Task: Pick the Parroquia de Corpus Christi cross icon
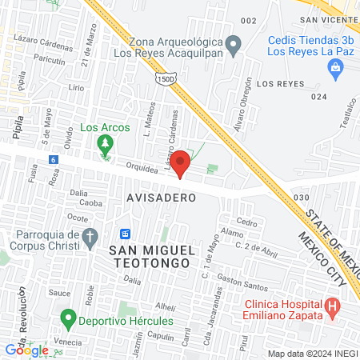(x=90, y=237)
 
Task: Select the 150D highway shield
(x=162, y=78)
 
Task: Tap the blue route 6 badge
(x=53, y=159)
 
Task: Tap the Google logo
(x=26, y=350)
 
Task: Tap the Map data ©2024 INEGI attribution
(x=311, y=353)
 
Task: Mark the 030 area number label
(x=302, y=197)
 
